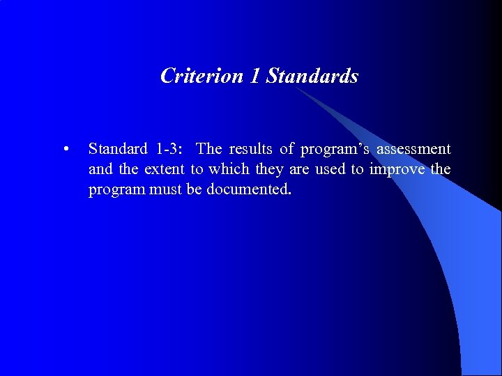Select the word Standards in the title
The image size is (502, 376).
312,75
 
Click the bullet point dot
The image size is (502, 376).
65,149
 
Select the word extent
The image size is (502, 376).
165,169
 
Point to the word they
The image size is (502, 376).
270,169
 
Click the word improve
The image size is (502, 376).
396,169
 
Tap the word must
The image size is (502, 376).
165,189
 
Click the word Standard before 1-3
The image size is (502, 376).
118,149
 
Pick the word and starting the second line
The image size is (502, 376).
100,169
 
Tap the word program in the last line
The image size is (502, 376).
116,189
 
